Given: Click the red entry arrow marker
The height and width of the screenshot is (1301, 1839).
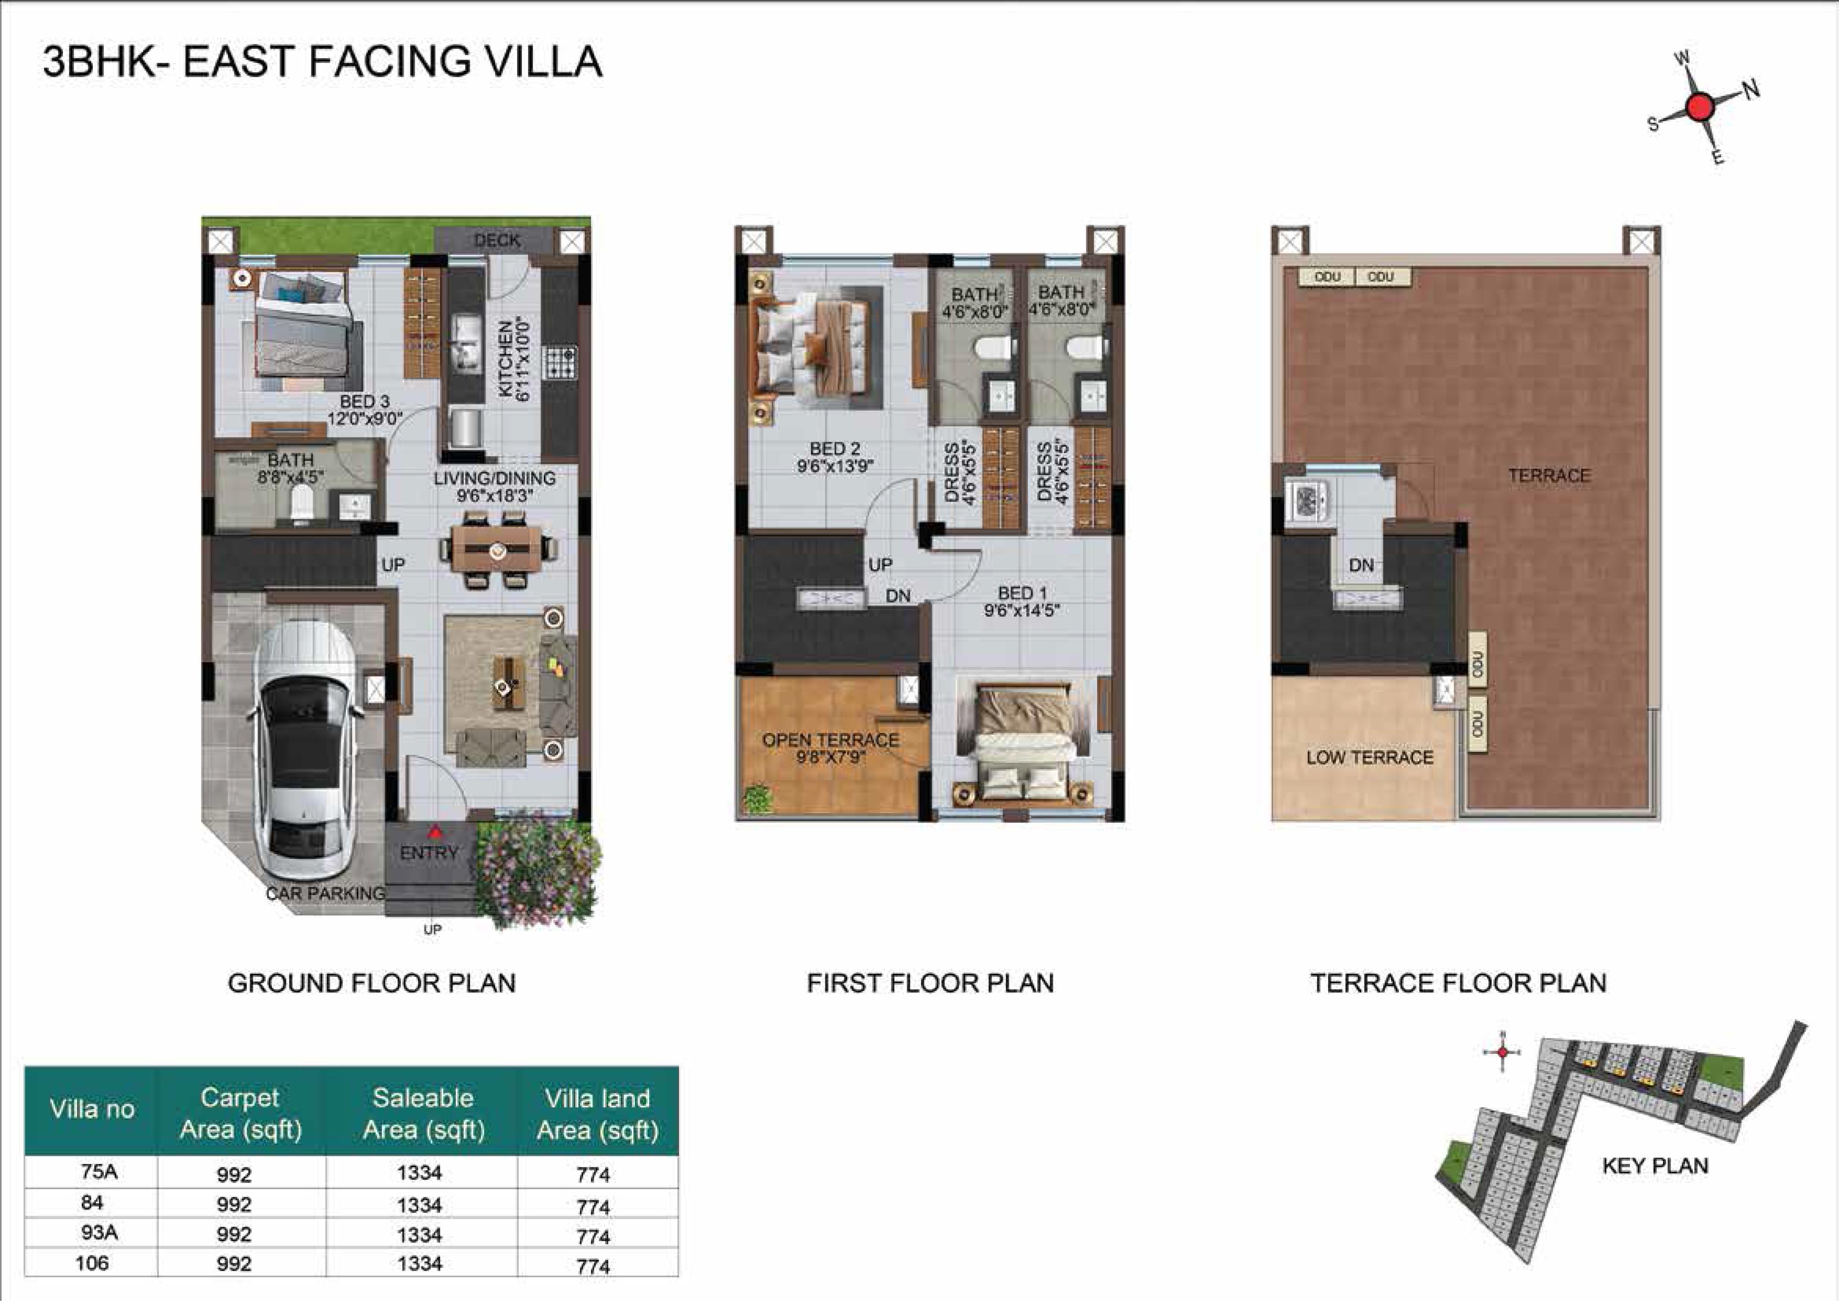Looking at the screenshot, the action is tap(433, 831).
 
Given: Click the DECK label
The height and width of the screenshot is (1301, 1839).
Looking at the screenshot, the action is tap(498, 240).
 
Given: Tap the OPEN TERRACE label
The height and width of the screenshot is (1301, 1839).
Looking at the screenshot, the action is tap(831, 740).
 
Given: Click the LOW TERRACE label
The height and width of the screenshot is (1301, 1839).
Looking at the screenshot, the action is tap(1370, 757).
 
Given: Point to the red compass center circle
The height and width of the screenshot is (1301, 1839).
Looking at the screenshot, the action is tap(1700, 106).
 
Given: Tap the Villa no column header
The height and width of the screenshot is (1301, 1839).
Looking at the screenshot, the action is tap(92, 1110).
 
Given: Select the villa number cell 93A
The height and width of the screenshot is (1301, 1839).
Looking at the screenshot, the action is tap(99, 1233).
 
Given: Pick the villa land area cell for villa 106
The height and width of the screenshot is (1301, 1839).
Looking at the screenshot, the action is tap(594, 1266).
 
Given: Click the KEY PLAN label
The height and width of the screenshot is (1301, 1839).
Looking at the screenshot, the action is tap(1655, 1166).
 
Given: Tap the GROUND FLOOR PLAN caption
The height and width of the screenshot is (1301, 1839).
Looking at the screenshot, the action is tap(372, 983).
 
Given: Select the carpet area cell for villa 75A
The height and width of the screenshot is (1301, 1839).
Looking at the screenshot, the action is tap(234, 1175).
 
